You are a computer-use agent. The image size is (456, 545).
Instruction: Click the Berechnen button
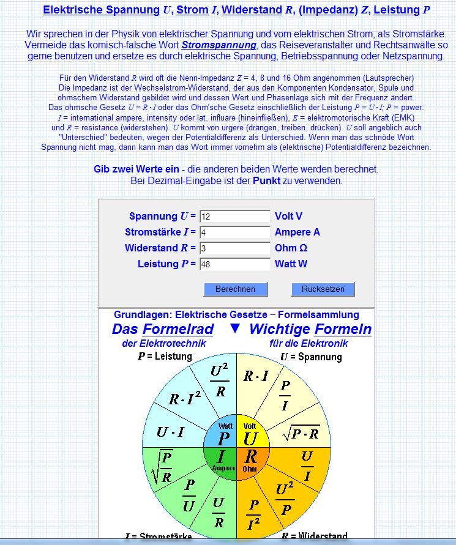(x=235, y=289)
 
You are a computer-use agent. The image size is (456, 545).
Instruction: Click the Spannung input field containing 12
(x=234, y=217)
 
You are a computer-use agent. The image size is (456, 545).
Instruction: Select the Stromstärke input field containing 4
(x=234, y=232)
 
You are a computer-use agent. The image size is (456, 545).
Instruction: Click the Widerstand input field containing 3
(x=234, y=248)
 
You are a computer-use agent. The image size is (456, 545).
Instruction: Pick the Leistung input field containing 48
(x=234, y=264)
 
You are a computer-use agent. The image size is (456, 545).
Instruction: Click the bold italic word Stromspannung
(x=219, y=45)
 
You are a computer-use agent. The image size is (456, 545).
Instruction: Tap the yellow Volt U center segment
(x=250, y=435)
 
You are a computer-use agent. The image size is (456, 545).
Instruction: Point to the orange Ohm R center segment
(x=250, y=459)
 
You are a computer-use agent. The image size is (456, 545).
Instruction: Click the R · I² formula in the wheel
(x=184, y=399)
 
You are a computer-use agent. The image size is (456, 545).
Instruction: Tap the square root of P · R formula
(x=301, y=433)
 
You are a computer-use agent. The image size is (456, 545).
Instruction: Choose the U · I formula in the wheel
(x=170, y=432)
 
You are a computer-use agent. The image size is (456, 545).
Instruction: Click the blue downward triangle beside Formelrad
(x=235, y=328)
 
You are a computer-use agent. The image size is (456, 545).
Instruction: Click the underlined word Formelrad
(x=178, y=329)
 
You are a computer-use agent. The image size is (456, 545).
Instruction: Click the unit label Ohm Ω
(x=291, y=248)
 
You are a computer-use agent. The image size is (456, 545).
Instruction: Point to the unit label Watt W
(x=291, y=264)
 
